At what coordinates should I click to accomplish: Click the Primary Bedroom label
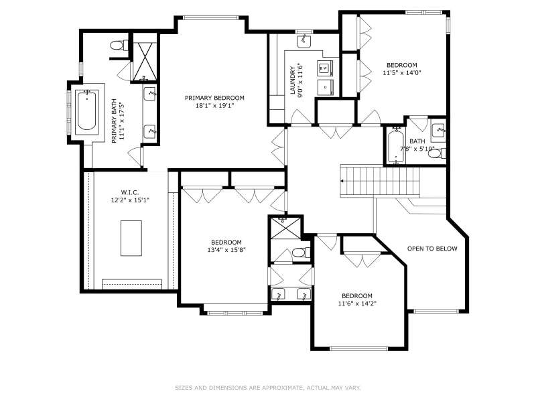214,98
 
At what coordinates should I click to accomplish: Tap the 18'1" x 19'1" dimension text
214,106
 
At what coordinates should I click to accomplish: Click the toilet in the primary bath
119,45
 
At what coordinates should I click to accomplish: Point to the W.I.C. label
130,193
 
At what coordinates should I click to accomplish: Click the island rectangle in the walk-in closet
131,239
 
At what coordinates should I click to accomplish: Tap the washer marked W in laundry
324,68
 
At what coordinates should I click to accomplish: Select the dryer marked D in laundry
325,87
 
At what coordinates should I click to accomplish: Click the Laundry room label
293,80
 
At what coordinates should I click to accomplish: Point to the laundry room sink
304,41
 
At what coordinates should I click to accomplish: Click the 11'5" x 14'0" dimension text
402,73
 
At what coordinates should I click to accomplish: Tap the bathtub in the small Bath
396,145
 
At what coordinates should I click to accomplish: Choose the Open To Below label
432,249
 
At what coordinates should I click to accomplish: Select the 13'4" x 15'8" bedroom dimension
226,250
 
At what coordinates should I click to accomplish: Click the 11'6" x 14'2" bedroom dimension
357,304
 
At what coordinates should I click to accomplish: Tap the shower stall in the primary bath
145,62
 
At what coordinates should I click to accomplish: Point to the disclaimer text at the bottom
268,388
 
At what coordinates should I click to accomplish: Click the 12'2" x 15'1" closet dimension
130,200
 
